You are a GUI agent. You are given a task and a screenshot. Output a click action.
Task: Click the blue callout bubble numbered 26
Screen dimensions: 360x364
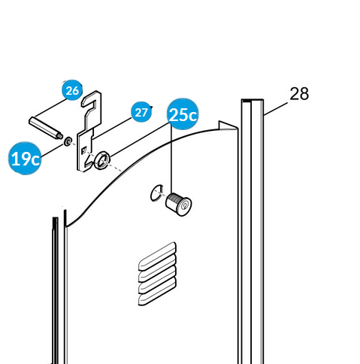click(72, 90)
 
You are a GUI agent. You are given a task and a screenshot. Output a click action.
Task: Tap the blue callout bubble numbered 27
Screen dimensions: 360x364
click(141, 112)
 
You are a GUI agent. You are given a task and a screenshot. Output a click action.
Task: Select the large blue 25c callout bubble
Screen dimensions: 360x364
click(183, 114)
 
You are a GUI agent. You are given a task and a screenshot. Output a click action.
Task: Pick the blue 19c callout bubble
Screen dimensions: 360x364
click(25, 158)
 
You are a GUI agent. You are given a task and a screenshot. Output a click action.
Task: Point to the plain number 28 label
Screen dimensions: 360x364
click(299, 94)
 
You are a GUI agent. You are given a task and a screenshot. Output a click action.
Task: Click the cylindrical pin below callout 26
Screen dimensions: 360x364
click(45, 128)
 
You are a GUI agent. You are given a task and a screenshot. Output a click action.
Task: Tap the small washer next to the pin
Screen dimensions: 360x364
click(68, 141)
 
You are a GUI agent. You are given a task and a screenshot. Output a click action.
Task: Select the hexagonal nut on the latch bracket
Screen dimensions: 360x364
click(102, 160)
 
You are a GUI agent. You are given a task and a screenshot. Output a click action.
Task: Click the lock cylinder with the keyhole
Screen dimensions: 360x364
click(178, 204)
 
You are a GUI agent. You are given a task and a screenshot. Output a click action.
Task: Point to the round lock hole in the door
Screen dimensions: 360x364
click(152, 193)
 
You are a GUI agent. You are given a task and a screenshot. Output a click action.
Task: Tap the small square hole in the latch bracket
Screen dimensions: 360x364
click(84, 150)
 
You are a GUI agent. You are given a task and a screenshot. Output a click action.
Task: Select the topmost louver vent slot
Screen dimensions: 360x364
click(157, 256)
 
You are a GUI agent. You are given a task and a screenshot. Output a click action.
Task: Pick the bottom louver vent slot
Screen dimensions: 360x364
click(157, 291)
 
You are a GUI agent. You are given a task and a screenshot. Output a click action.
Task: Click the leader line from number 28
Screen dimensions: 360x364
click(276, 108)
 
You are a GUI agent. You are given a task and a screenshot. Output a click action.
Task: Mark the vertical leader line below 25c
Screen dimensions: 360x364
click(171, 159)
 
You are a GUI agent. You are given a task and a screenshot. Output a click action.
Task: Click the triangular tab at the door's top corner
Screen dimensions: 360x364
click(227, 126)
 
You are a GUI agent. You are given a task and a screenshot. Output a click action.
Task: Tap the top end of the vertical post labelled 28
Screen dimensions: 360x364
click(253, 101)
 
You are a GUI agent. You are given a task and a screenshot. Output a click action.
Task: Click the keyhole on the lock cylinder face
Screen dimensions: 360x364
click(185, 205)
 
